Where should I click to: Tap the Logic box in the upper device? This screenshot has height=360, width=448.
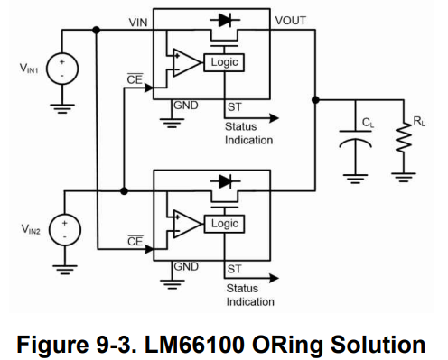pyautogui.click(x=224, y=62)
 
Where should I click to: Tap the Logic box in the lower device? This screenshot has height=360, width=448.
pyautogui.click(x=224, y=223)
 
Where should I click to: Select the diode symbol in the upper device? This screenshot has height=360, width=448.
pyautogui.click(x=219, y=19)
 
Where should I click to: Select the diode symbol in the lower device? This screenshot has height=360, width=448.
pyautogui.click(x=219, y=180)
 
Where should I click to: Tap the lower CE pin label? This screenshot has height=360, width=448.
pyautogui.click(x=135, y=242)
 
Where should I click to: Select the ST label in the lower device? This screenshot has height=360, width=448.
pyautogui.click(x=234, y=268)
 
